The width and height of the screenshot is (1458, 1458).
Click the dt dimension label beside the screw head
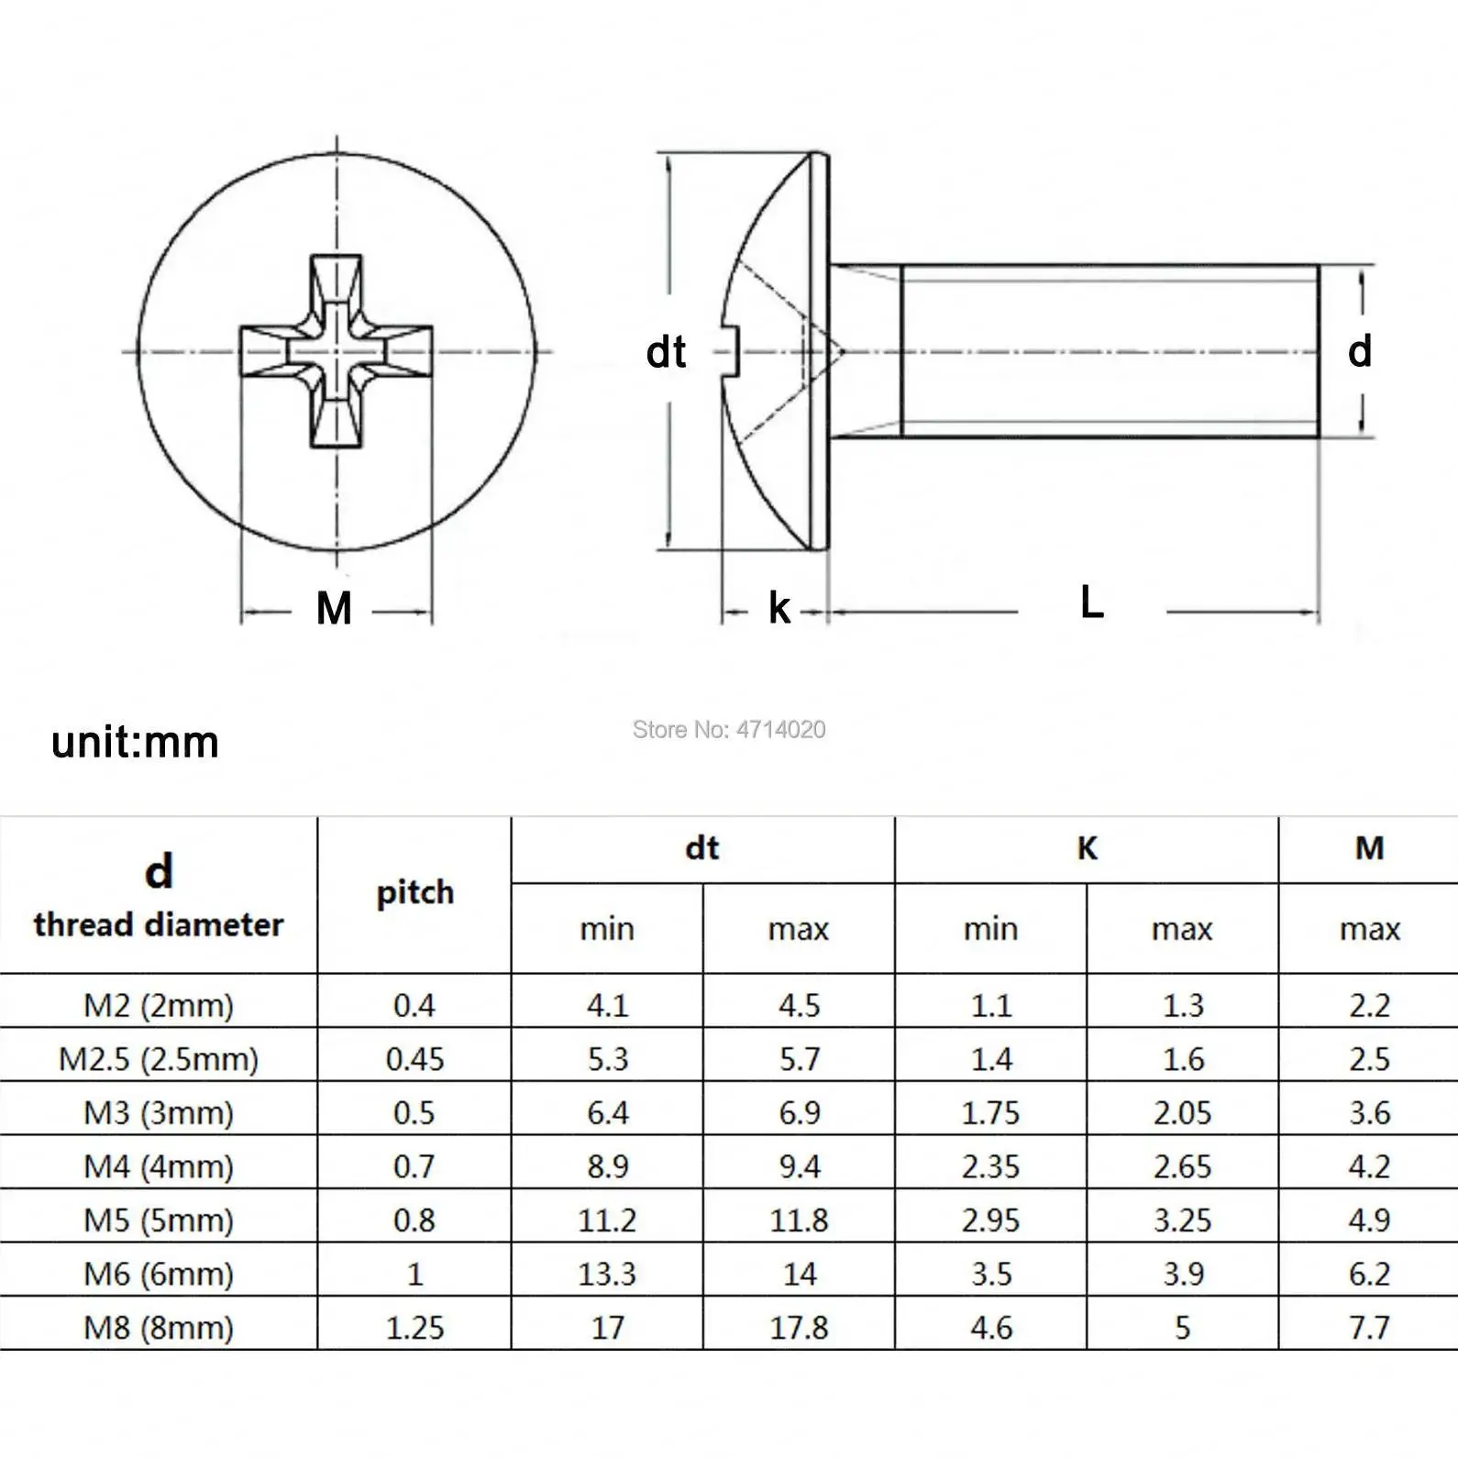point(666,352)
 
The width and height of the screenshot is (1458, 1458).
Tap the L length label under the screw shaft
point(1091,603)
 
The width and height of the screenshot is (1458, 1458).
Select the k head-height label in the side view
point(779,609)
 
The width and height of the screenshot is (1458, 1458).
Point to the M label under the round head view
point(334,609)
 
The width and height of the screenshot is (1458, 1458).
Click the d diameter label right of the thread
point(1359,351)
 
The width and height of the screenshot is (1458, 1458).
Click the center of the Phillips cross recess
point(337,351)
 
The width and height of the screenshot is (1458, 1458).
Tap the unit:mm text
point(135,742)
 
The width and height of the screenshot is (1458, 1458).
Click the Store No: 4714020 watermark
point(729,730)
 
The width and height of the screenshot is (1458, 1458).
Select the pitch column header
point(414,892)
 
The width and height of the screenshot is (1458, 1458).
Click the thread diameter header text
point(159,924)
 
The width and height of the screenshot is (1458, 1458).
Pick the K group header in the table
point(1087,848)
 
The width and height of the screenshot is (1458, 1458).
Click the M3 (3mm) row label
point(159,1112)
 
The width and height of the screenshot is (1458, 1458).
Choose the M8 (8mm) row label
point(159,1327)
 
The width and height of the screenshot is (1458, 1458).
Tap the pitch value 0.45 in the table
point(414,1059)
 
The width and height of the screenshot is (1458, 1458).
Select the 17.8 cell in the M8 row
point(799,1327)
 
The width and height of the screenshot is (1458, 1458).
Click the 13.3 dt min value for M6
point(607,1274)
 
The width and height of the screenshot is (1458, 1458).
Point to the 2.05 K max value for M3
point(1182,1112)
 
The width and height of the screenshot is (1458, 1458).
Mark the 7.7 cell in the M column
point(1369,1327)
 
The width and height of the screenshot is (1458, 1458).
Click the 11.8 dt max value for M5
point(799,1220)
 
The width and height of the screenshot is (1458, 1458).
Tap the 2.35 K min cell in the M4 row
point(990,1166)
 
